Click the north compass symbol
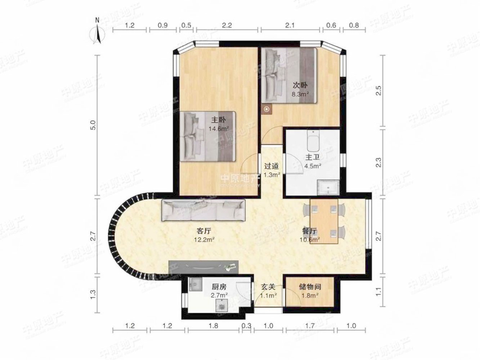(x=98, y=33)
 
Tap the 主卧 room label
(x=218, y=120)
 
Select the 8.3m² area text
(x=300, y=94)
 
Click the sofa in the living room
(x=203, y=210)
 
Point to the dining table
(x=324, y=221)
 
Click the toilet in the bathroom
(x=313, y=141)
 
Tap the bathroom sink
(x=328, y=187)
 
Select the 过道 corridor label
(x=272, y=166)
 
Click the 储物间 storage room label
(x=310, y=287)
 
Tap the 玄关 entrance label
(x=268, y=287)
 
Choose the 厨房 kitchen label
(x=219, y=287)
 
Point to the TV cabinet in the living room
(x=203, y=267)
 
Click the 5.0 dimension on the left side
(x=93, y=125)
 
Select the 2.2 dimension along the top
(x=227, y=26)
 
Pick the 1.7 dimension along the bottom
(x=310, y=326)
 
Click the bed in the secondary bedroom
(x=289, y=75)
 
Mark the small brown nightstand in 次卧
(x=266, y=109)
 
